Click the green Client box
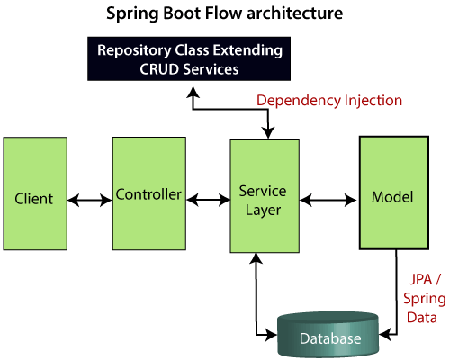pos(35,193)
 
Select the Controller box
pos(149,193)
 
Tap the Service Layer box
pos(265,196)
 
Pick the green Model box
pos(394,193)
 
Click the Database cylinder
pos(328,335)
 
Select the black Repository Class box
pos(189,58)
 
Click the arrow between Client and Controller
pos(90,200)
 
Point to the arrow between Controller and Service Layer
pos(208,200)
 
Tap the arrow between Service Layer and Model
pos(328,200)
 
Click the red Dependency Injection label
pos(329,101)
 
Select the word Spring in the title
pos(132,14)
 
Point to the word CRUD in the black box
pos(159,69)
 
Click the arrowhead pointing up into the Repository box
pos(193,92)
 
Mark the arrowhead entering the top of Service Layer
pos(268,133)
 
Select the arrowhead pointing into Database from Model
pos(385,334)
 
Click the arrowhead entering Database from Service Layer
pos(272,334)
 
